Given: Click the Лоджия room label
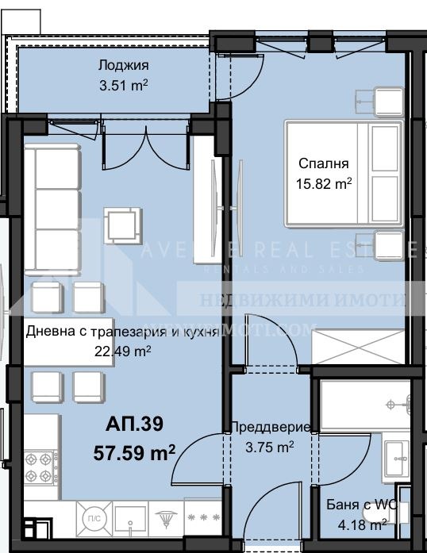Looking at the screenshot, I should click(123, 66).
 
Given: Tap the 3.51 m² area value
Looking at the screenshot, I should click(123, 87).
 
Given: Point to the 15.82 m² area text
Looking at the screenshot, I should click(324, 184).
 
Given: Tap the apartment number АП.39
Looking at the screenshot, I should click(135, 425).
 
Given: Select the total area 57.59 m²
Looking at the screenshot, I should click(134, 454).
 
